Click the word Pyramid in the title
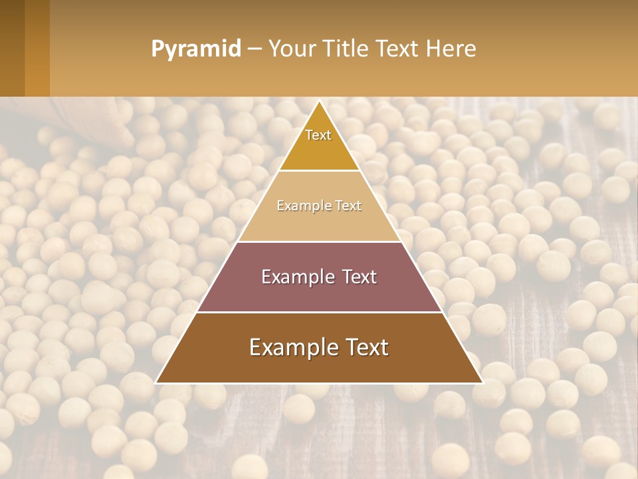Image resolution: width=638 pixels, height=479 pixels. pyautogui.click(x=196, y=49)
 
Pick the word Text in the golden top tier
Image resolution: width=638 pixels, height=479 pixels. pyautogui.click(x=318, y=136)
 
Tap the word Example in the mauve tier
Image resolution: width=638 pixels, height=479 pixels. pyautogui.click(x=296, y=277)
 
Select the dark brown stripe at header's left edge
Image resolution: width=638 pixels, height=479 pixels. pyautogui.click(x=12, y=48)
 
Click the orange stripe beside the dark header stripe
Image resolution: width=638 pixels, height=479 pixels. pyautogui.click(x=37, y=48)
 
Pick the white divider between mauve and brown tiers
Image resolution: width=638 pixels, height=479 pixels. pyautogui.click(x=320, y=312)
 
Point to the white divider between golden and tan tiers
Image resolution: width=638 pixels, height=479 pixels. pyautogui.click(x=320, y=171)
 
